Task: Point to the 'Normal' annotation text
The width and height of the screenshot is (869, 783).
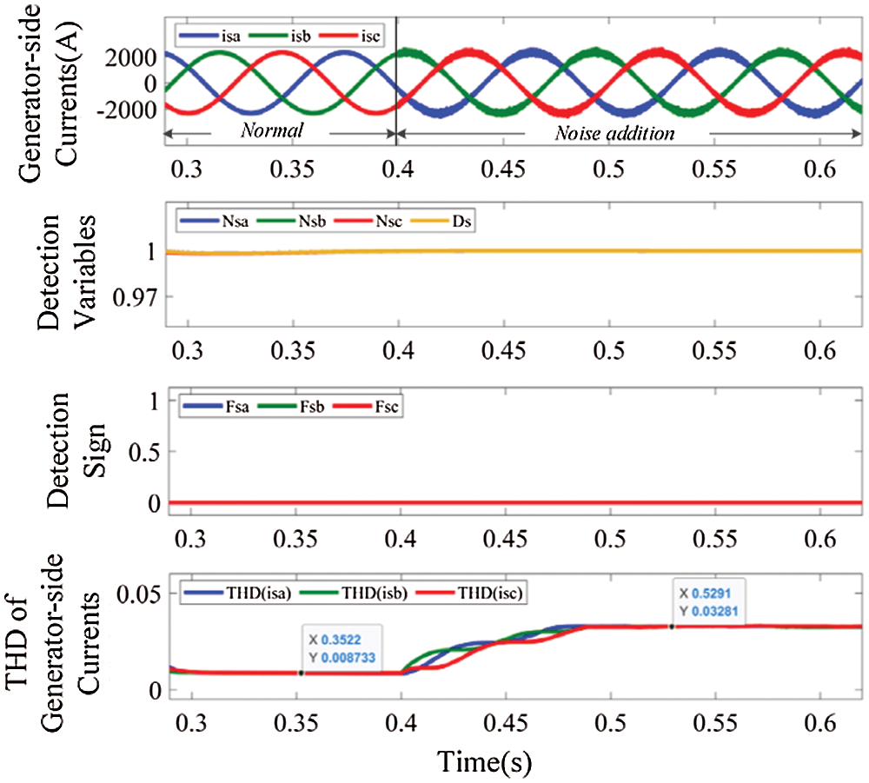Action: (x=272, y=132)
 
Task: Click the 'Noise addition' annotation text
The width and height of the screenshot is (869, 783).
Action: (x=614, y=133)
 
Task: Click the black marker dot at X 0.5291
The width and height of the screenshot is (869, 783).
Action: (x=672, y=626)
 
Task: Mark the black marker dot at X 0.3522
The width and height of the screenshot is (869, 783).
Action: (x=301, y=672)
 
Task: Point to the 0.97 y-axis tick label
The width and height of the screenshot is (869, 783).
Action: (x=133, y=298)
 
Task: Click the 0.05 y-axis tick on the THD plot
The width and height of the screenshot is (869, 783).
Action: (x=135, y=594)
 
